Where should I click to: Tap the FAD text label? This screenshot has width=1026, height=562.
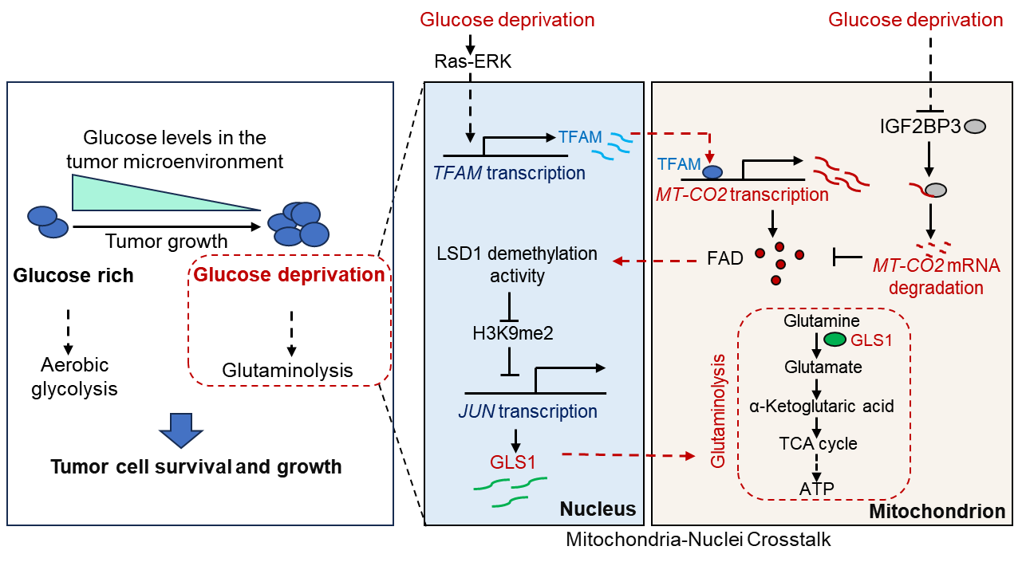coord(725,258)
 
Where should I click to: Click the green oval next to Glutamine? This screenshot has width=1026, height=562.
coord(835,339)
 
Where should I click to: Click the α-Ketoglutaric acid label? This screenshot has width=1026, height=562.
coord(822,406)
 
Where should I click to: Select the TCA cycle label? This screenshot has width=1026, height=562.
coord(818,443)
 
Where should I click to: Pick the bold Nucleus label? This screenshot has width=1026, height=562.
coord(598,509)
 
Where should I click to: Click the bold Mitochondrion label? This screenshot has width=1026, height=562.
coord(937,511)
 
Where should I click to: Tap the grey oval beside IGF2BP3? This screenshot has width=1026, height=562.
coord(975,126)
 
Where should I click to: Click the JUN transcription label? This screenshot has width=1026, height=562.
coord(527,411)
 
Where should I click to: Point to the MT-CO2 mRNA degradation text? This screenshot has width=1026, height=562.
coord(936,276)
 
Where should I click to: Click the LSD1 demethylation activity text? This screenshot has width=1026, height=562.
coord(517,265)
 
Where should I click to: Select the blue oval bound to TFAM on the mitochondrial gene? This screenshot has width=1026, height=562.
coord(712,171)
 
